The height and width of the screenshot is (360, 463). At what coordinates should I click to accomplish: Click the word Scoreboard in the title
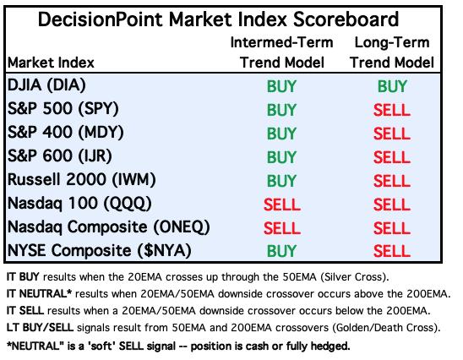pyautogui.click(x=346, y=19)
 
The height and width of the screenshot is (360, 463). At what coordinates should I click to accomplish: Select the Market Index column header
pyautogui.click(x=51, y=63)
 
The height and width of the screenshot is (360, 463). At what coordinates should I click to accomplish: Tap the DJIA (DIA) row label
pyautogui.click(x=46, y=85)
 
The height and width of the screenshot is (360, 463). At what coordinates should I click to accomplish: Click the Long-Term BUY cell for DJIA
pyautogui.click(x=392, y=86)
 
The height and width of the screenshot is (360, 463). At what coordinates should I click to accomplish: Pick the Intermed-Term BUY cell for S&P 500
pyautogui.click(x=281, y=110)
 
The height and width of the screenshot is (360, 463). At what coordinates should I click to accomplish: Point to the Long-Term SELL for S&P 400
pyautogui.click(x=392, y=134)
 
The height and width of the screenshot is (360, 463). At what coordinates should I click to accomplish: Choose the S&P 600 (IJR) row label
pyautogui.click(x=60, y=155)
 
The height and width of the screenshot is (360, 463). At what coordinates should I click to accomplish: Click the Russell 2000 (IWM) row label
pyautogui.click(x=81, y=179)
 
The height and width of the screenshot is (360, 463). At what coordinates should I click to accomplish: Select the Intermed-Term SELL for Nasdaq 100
pyautogui.click(x=282, y=205)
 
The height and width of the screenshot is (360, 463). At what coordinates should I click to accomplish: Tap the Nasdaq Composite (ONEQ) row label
pyautogui.click(x=109, y=226)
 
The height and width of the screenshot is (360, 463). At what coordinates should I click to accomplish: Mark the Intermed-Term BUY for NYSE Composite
pyautogui.click(x=281, y=251)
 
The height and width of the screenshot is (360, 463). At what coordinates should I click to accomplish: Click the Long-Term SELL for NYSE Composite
pyautogui.click(x=392, y=251)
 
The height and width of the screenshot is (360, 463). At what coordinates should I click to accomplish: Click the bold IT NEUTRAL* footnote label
pyautogui.click(x=39, y=294)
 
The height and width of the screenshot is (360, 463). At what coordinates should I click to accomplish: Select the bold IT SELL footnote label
pyautogui.click(x=25, y=311)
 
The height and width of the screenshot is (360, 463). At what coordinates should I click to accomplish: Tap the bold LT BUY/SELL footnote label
pyautogui.click(x=40, y=328)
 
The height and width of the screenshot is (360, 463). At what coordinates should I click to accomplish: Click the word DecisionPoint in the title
pyautogui.click(x=101, y=19)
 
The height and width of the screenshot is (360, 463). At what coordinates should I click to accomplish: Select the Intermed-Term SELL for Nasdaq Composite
pyautogui.click(x=282, y=228)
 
